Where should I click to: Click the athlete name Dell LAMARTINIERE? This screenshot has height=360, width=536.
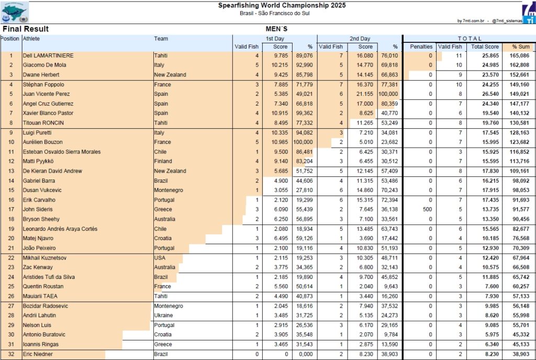pyautogui.click(x=48, y=55)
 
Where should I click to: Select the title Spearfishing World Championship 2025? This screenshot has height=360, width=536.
pyautogui.click(x=282, y=5)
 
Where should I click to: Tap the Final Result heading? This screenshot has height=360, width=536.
pyautogui.click(x=26, y=29)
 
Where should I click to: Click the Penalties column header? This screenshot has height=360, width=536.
pyautogui.click(x=421, y=47)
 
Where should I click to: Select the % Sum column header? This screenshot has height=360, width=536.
pyautogui.click(x=517, y=47)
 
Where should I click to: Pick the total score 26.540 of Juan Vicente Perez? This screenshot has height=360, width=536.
pyautogui.click(x=486, y=94)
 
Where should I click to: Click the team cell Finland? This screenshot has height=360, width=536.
pyautogui.click(x=163, y=162)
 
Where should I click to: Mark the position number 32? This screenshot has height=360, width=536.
pyautogui.click(x=10, y=354)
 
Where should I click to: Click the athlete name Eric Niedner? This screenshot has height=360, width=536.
pyautogui.click(x=38, y=354)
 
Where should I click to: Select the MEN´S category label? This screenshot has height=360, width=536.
pyautogui.click(x=277, y=29)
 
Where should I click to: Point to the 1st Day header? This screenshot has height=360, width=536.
pyautogui.click(x=275, y=39)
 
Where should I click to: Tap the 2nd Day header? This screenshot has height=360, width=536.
pyautogui.click(x=360, y=39)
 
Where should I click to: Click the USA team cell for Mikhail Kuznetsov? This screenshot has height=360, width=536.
pyautogui.click(x=160, y=258)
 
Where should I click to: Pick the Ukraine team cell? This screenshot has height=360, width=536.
pyautogui.click(x=163, y=316)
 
